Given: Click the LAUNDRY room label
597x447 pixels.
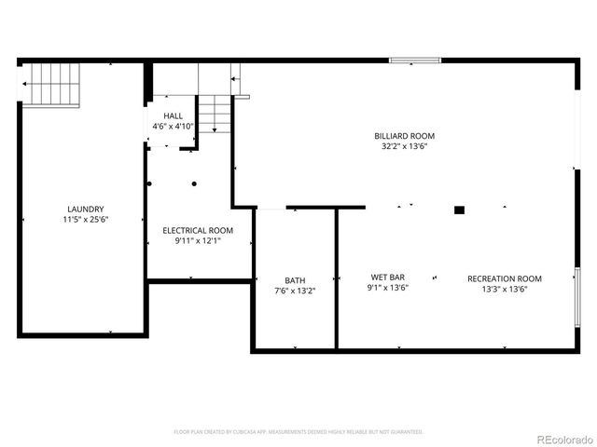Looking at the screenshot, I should (x=85, y=210).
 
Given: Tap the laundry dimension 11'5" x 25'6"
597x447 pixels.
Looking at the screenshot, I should (x=85, y=220).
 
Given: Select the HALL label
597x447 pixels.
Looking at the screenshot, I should (x=173, y=116).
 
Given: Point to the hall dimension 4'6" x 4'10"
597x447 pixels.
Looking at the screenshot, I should (x=173, y=127).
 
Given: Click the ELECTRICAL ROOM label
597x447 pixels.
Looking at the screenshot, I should (x=198, y=230).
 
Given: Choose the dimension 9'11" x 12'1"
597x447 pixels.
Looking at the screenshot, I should (x=198, y=240).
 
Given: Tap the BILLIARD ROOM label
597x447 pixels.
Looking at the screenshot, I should (x=404, y=136).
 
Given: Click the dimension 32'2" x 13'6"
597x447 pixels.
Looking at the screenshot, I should (x=404, y=146).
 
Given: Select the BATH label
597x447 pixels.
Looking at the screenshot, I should (x=295, y=280).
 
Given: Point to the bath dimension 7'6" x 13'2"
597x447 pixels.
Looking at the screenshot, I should (x=295, y=291).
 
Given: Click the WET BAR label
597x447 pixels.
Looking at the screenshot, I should (x=387, y=278).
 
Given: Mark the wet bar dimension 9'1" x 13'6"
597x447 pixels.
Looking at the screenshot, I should (x=387, y=288).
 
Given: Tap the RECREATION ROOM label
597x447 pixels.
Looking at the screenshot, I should (x=504, y=278).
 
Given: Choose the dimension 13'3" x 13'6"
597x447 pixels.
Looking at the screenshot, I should (x=504, y=289).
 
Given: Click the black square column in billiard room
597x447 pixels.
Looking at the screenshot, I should (x=459, y=210).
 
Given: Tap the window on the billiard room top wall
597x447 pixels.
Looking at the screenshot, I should (x=414, y=61).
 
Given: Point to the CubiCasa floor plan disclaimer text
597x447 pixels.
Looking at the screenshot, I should (x=298, y=432).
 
